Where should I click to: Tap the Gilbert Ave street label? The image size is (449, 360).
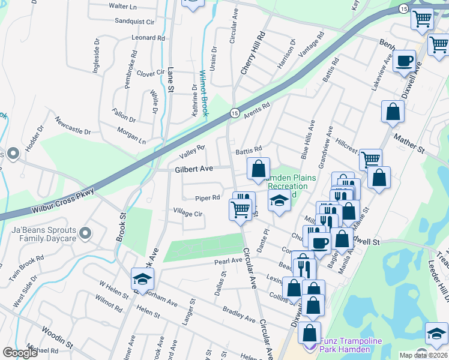pos(194,170)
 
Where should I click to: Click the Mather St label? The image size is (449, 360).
pos(409,143)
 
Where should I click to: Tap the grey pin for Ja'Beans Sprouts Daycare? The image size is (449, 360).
pos(85,233)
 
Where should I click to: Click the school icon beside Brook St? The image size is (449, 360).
pos(142,279)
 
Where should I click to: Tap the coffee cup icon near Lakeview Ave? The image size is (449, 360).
pos(405,61)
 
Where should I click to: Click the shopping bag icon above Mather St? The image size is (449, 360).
pos(393,112)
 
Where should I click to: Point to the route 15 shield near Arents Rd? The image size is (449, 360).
pos(235,113)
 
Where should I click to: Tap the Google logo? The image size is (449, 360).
pos(19,353)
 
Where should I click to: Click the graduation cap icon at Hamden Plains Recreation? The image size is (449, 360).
pos(279,200)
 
